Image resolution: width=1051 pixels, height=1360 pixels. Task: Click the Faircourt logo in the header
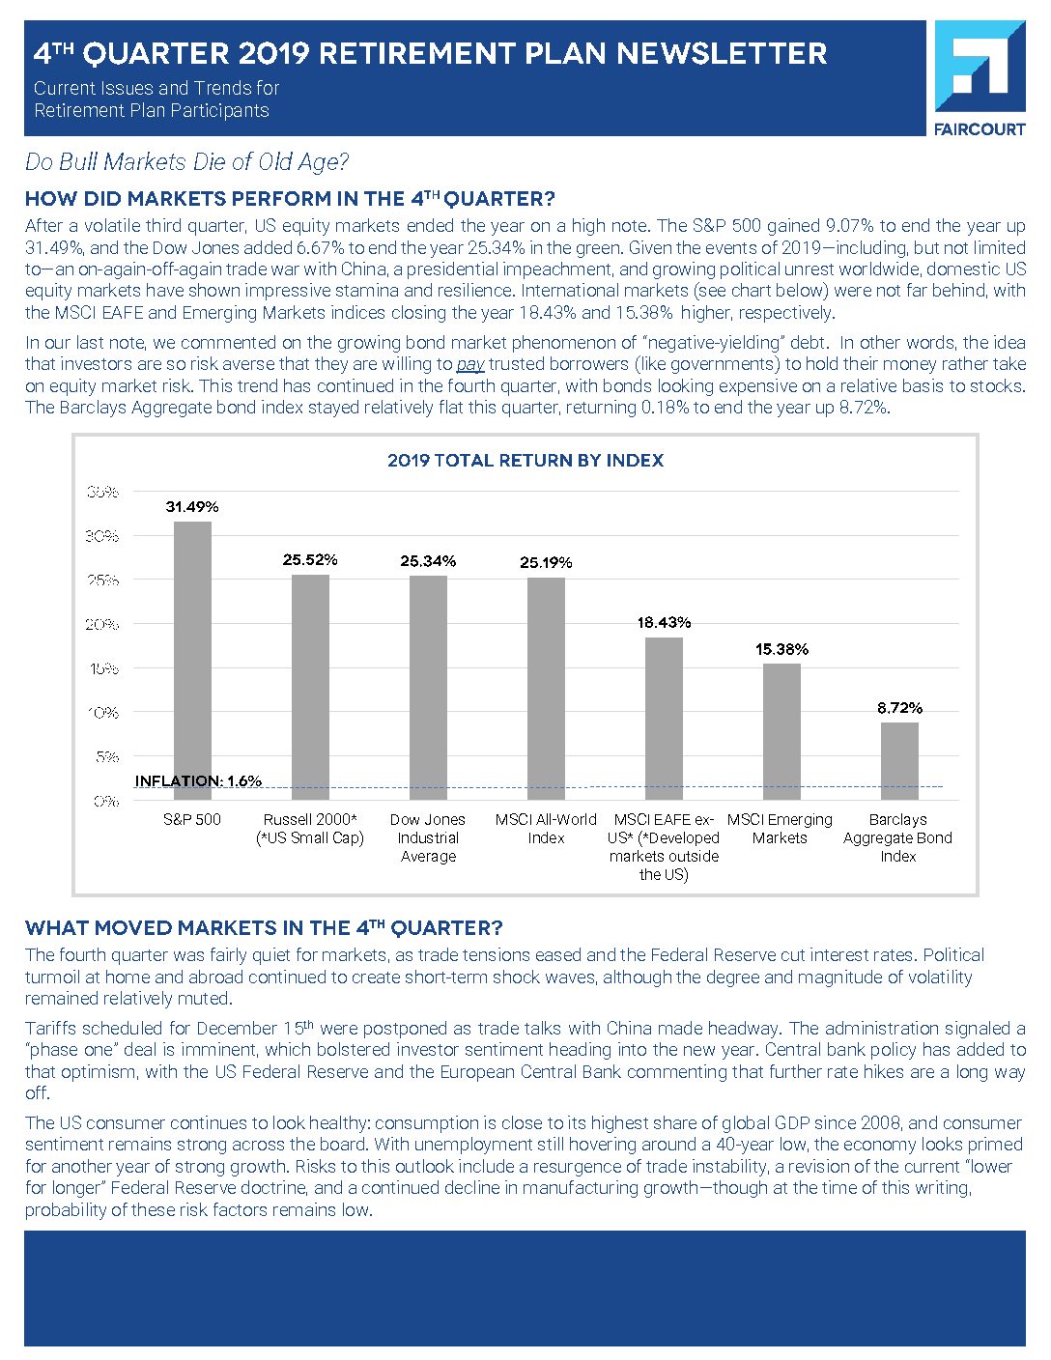point(980,77)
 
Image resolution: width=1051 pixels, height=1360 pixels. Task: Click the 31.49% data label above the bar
point(192,506)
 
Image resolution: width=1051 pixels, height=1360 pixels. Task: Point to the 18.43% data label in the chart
point(664,623)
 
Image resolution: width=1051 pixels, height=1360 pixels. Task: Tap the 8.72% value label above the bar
point(899,708)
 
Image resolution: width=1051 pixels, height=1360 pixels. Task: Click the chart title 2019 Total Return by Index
point(525,461)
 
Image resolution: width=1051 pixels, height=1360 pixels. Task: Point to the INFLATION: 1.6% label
point(198,780)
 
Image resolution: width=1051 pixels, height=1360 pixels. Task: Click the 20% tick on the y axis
point(101,624)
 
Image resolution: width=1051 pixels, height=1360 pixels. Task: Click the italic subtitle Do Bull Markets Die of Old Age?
point(186,162)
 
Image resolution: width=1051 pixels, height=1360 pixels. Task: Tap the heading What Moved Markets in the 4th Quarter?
point(264,928)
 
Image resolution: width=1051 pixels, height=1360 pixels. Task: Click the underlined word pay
point(470,364)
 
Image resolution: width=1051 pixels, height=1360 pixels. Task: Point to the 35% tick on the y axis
point(101,492)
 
